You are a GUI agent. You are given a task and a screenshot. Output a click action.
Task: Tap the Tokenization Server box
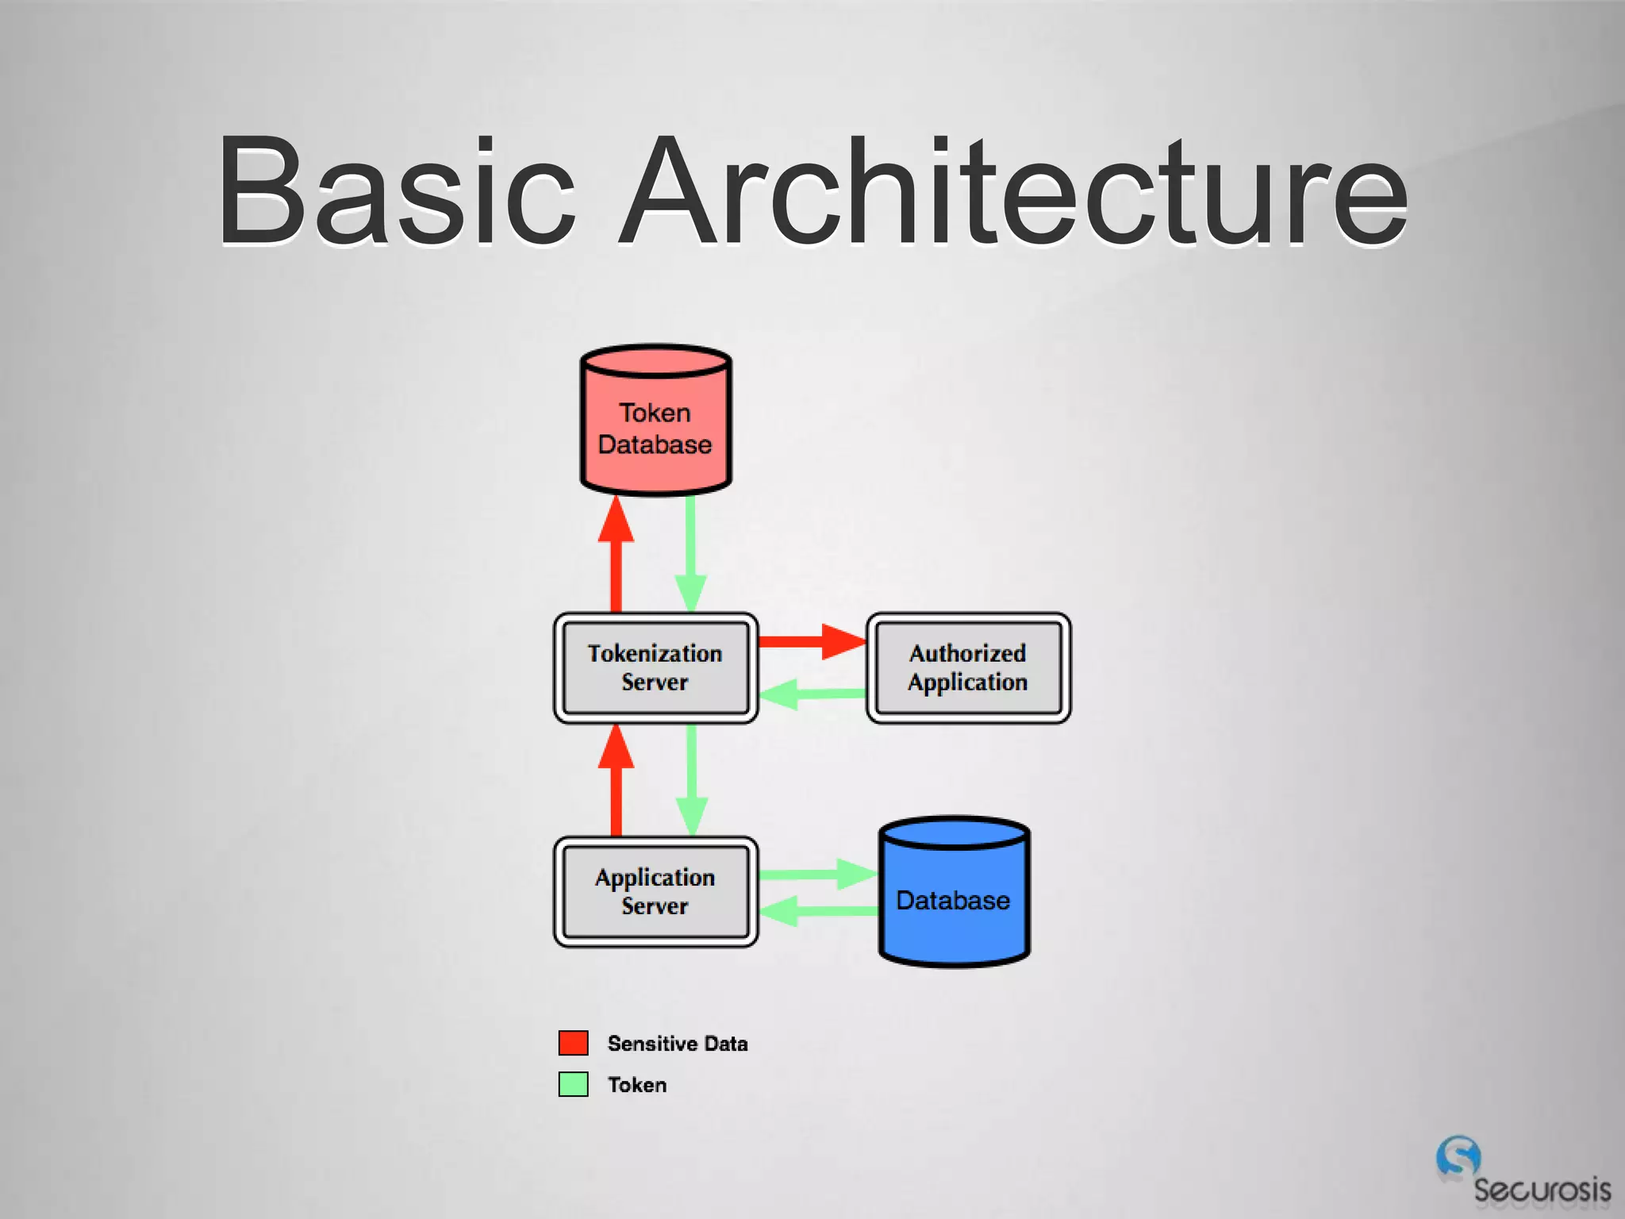[655, 667]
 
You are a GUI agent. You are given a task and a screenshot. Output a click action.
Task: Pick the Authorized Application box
[968, 667]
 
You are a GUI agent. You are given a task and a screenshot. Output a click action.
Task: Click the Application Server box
[655, 891]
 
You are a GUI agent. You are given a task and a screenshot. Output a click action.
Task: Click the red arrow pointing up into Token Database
[616, 556]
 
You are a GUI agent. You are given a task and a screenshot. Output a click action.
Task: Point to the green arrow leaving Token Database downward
[690, 556]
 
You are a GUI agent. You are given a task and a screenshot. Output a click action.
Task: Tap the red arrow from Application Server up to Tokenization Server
[616, 782]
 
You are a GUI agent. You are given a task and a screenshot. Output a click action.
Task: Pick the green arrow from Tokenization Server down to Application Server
[691, 782]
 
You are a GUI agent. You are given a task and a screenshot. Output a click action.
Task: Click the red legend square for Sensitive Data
[573, 1043]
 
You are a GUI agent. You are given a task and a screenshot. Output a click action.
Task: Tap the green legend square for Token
[573, 1084]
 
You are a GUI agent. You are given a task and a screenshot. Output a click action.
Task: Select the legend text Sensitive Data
[677, 1044]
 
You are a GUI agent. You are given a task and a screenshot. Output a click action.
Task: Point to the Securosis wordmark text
[1542, 1190]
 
